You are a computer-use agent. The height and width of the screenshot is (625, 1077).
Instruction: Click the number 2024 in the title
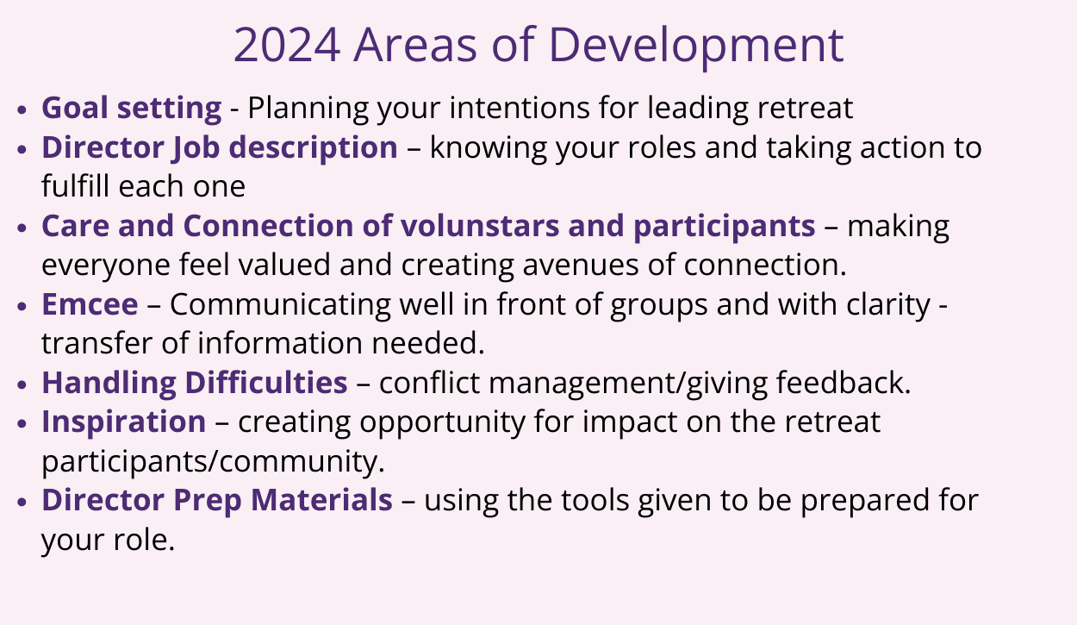pyautogui.click(x=287, y=45)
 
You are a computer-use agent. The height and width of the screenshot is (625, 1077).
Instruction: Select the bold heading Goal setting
pyautogui.click(x=132, y=109)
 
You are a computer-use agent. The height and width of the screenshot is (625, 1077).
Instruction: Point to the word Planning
pyautogui.click(x=308, y=109)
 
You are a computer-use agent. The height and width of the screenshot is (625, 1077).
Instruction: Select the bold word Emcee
pyautogui.click(x=90, y=304)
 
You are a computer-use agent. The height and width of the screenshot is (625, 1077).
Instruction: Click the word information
pyautogui.click(x=280, y=343)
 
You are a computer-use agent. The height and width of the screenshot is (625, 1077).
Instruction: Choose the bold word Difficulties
pyautogui.click(x=266, y=383)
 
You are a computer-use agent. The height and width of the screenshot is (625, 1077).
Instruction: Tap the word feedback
pyautogui.click(x=844, y=383)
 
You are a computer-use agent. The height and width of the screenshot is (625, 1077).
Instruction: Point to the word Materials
pyautogui.click(x=321, y=500)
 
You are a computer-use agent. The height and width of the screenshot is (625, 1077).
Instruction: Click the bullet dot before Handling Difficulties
pyautogui.click(x=22, y=384)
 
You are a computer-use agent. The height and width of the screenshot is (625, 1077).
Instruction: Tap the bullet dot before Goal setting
pyautogui.click(x=22, y=109)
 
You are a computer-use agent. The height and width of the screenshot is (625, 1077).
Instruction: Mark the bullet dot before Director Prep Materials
pyautogui.click(x=22, y=503)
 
